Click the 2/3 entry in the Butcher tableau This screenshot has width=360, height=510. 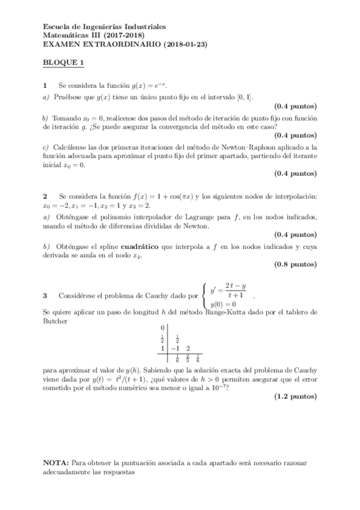pos(188,359)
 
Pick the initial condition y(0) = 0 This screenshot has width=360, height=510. pos(222,304)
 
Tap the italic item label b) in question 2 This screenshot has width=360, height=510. pos(46,246)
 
